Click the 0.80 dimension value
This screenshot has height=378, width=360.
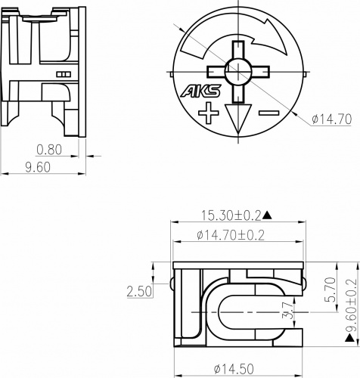[x=50, y=149]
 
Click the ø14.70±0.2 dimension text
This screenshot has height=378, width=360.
[x=230, y=236]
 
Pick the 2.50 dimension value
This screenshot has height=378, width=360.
[x=141, y=291]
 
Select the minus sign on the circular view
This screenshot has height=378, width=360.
[x=268, y=114]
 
